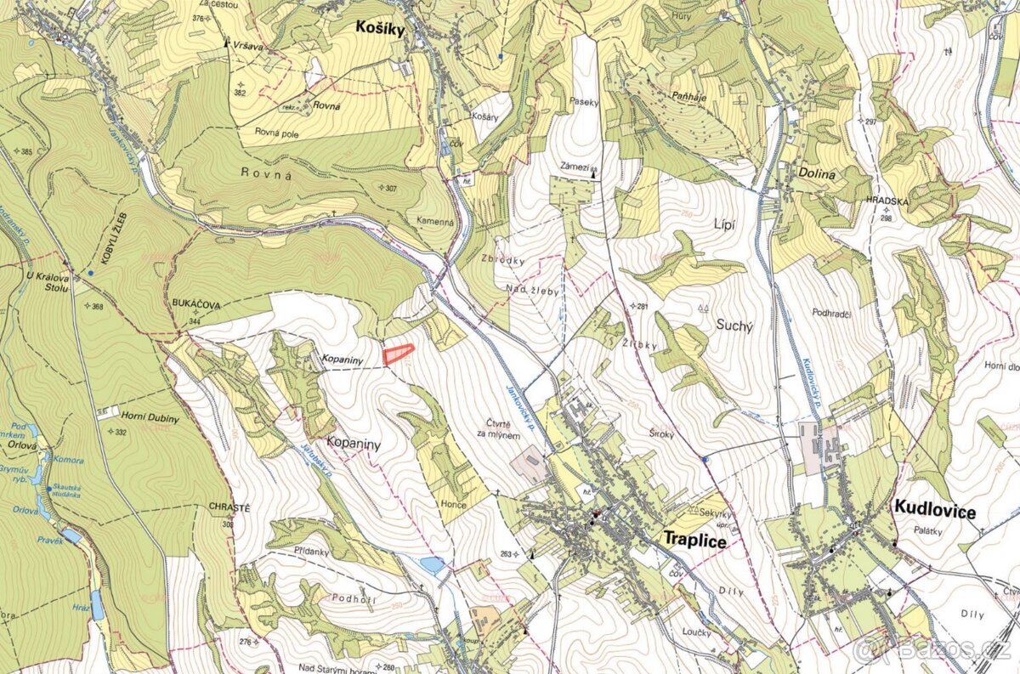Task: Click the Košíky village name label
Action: pyautogui.click(x=380, y=28)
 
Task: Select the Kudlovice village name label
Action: pyautogui.click(x=934, y=511)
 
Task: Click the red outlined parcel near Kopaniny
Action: pyautogui.click(x=397, y=354)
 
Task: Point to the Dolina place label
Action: pyautogui.click(x=817, y=173)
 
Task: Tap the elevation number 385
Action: pyautogui.click(x=26, y=152)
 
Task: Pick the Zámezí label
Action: pyautogui.click(x=575, y=167)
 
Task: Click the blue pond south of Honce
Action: pyautogui.click(x=433, y=564)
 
